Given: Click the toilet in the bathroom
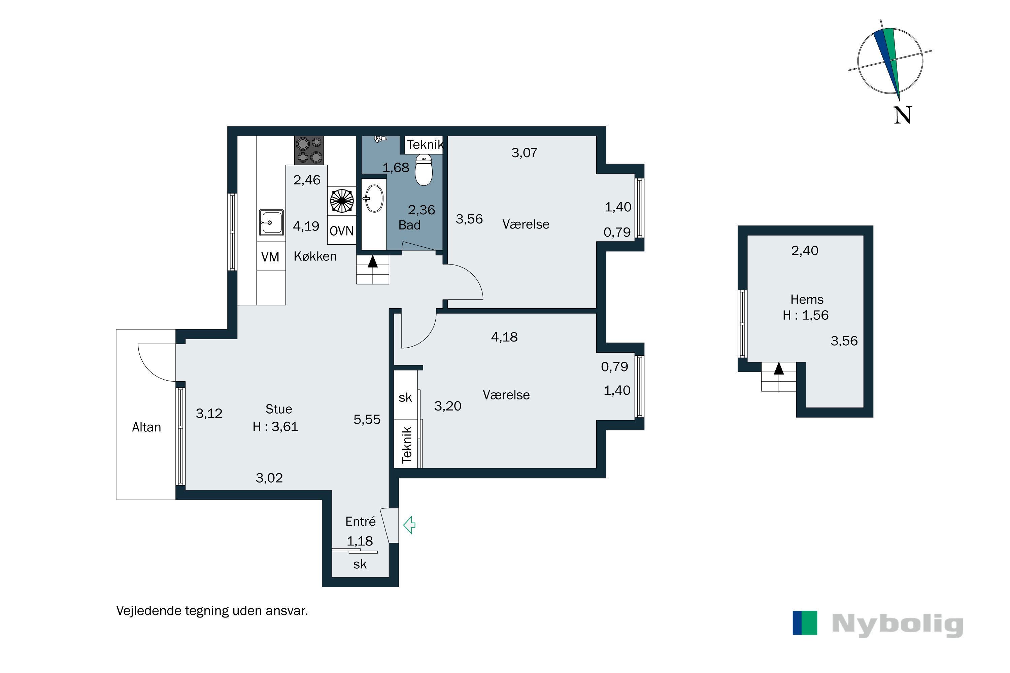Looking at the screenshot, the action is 424,170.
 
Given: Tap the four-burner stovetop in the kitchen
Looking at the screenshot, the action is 309,150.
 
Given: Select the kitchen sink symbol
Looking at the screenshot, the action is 271,222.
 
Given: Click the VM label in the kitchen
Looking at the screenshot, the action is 270,257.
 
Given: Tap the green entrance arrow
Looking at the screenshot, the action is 409,525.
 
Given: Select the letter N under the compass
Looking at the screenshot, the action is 903,115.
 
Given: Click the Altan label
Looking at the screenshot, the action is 146,427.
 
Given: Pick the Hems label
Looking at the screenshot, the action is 807,299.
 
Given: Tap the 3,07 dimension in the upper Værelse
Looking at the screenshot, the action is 524,153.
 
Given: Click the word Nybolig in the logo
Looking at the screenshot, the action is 897,625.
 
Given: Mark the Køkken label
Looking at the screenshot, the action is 315,256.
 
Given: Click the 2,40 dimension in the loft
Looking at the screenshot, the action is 805,251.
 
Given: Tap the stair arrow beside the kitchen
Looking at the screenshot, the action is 373,261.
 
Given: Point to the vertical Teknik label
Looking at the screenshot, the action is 407,445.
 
